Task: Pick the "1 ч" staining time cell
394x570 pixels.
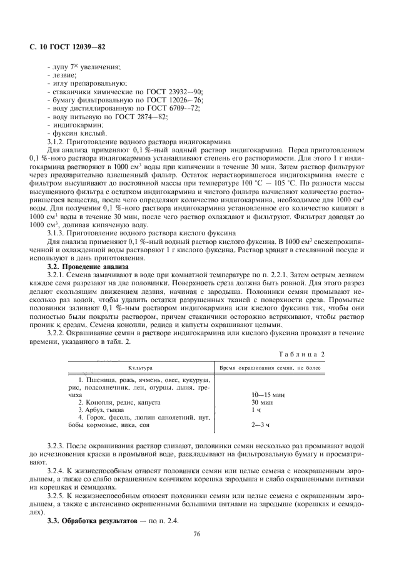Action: pos(255,410)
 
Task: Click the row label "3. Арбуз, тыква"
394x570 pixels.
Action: pos(106,410)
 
